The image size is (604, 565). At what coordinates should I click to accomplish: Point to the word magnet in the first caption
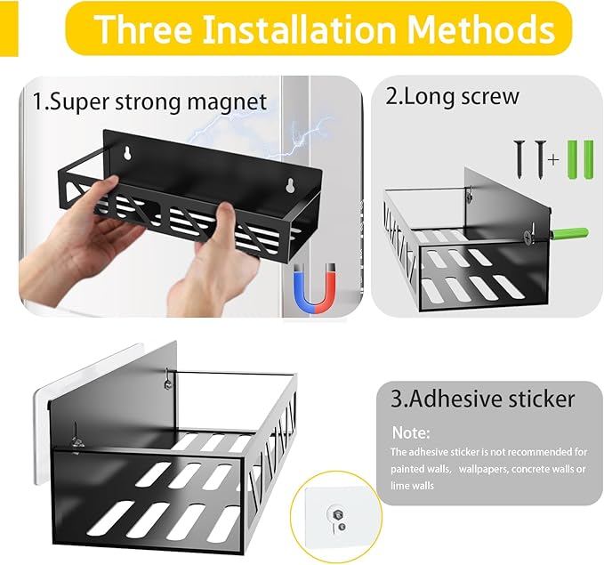point(227,101)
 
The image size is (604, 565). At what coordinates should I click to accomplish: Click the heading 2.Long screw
point(453,96)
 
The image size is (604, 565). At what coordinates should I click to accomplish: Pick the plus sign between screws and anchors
point(553,159)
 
